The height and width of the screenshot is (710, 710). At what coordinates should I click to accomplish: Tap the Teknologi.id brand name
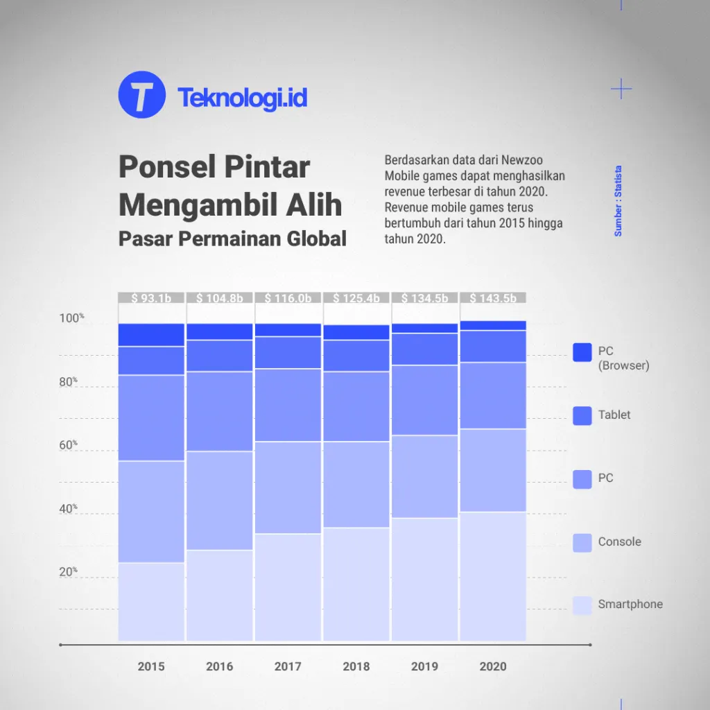(x=242, y=98)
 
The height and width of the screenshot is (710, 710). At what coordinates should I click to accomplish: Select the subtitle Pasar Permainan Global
(x=232, y=239)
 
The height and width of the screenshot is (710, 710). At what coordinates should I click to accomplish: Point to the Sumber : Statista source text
(x=618, y=201)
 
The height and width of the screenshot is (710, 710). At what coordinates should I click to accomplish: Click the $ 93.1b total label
(x=151, y=298)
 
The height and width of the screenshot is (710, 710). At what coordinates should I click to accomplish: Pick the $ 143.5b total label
(x=492, y=298)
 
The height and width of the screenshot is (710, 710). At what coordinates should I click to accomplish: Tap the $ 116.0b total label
(x=288, y=298)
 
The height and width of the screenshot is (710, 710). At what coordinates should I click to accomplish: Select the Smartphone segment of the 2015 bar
(x=151, y=601)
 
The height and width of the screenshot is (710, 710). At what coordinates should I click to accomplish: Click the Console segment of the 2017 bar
(x=288, y=487)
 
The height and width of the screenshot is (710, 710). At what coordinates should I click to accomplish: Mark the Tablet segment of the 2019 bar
(x=424, y=349)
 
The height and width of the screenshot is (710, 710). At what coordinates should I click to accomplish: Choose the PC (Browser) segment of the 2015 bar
(x=151, y=335)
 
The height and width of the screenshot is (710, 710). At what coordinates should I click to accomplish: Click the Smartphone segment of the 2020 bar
(x=492, y=575)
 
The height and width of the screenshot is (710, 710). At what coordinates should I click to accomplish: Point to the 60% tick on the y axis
(x=67, y=445)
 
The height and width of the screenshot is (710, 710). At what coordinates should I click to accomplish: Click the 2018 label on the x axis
(x=356, y=666)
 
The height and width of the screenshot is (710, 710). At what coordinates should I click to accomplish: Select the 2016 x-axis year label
(x=219, y=666)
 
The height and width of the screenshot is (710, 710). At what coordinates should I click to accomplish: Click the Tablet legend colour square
(x=582, y=415)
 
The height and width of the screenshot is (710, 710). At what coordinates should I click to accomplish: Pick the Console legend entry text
(x=619, y=542)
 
